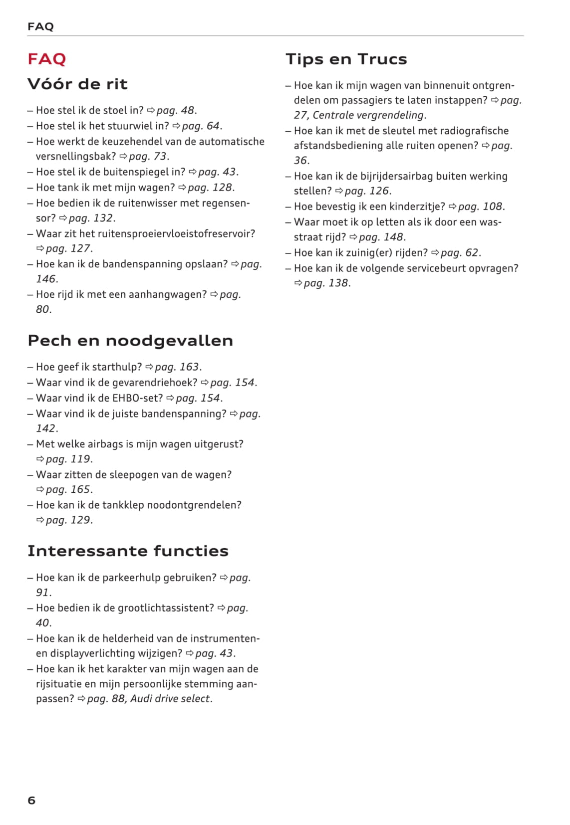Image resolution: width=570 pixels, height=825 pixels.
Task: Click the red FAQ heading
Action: click(x=47, y=59)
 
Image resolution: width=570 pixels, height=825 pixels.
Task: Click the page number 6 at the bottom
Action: click(x=31, y=800)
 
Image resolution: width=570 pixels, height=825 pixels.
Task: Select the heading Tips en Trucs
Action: click(x=346, y=59)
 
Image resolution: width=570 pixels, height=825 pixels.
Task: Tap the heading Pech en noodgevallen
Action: click(x=130, y=340)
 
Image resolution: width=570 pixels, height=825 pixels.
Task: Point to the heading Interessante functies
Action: click(x=128, y=551)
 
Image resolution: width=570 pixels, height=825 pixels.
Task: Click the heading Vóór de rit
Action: click(x=77, y=84)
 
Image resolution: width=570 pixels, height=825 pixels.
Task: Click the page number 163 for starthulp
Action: click(x=189, y=367)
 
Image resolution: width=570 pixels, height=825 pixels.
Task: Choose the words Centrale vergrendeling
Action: click(x=368, y=115)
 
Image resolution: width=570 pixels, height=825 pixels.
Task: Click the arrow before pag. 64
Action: click(x=176, y=126)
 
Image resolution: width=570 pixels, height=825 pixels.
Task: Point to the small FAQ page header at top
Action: click(x=40, y=26)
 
